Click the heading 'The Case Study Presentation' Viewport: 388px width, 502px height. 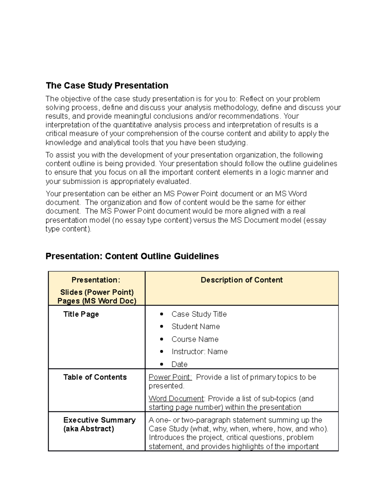pyautogui.click(x=107, y=86)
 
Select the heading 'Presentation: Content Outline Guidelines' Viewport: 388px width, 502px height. pyautogui.click(x=132, y=256)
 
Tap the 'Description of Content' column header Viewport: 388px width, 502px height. pyautogui.click(x=242, y=280)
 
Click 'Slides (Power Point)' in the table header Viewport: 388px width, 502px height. pyautogui.click(x=97, y=292)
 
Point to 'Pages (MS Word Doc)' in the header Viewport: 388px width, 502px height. pyautogui.click(x=97, y=301)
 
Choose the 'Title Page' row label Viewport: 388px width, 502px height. pyautogui.click(x=81, y=314)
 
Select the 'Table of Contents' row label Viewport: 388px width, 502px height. pyautogui.click(x=95, y=377)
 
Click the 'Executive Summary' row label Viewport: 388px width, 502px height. pyautogui.click(x=99, y=420)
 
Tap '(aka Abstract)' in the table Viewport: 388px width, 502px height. pyautogui.click(x=89, y=429)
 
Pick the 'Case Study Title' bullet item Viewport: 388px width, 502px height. pyautogui.click(x=199, y=314)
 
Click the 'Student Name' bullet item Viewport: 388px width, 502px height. pyautogui.click(x=195, y=326)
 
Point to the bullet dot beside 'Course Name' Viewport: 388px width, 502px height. pyautogui.click(x=162, y=339)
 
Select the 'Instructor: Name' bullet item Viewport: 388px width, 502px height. pyautogui.click(x=199, y=352)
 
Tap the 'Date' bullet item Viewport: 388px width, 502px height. pyautogui.click(x=179, y=364)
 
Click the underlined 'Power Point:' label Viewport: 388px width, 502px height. pyautogui.click(x=170, y=377)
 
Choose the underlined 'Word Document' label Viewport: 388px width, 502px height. pyautogui.click(x=176, y=399)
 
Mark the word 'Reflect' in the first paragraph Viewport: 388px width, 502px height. pyautogui.click(x=251, y=99)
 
